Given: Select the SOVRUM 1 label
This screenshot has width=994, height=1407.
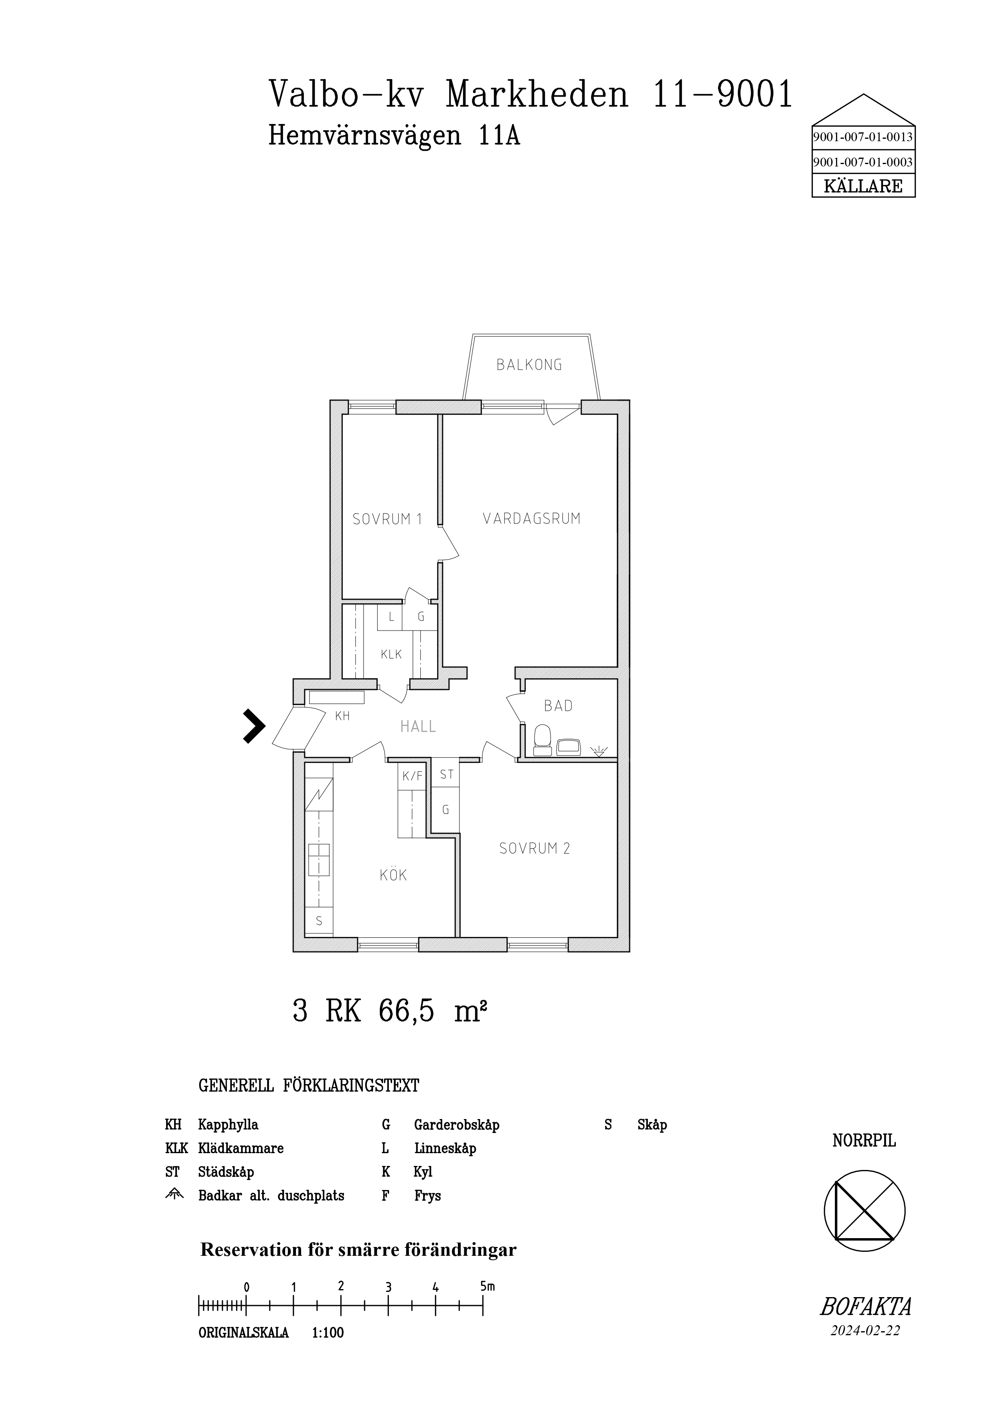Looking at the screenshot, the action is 387,520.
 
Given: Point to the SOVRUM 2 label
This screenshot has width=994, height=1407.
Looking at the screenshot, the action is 534,849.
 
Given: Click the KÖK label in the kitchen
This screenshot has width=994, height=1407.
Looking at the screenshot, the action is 393,875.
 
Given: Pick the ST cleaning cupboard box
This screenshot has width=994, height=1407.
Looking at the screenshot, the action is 446,774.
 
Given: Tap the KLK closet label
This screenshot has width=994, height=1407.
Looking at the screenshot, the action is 391,655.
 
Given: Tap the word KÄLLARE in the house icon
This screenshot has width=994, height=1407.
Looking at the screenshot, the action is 863,186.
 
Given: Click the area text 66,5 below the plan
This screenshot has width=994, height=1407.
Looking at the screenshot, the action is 407,1011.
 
